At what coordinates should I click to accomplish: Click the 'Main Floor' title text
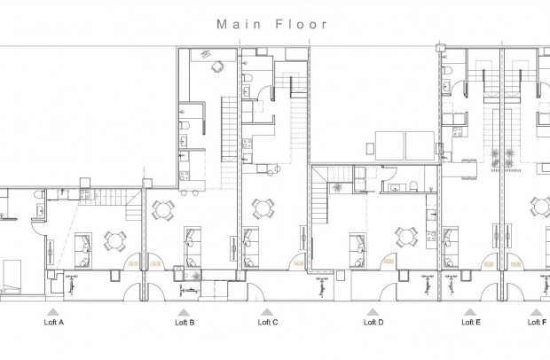[272, 25]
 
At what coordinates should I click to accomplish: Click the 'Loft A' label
[53, 323]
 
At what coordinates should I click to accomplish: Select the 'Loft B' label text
[184, 323]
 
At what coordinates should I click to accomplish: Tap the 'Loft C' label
[268, 323]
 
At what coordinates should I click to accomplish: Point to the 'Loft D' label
[373, 323]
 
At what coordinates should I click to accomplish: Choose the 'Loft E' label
[471, 323]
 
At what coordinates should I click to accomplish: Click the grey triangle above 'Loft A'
[53, 311]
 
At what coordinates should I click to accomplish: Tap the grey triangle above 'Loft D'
[373, 311]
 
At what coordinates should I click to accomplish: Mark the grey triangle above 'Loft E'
[471, 311]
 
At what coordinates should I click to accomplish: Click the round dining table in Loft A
[114, 239]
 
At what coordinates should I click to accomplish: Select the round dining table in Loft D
[405, 237]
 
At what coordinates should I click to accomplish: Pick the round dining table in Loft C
[261, 208]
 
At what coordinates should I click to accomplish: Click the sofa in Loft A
[82, 244]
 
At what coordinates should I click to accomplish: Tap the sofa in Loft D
[358, 244]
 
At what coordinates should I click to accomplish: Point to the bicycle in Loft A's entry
[68, 282]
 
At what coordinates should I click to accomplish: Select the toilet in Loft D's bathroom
[414, 186]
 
